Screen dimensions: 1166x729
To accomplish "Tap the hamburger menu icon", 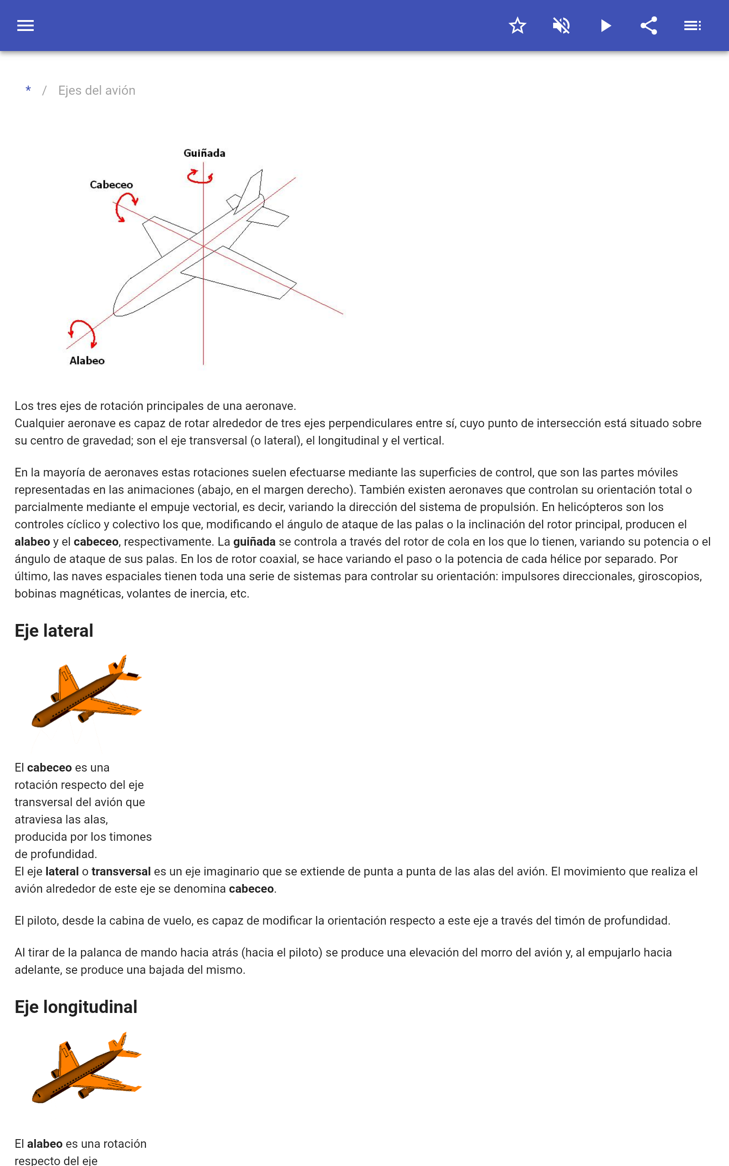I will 26,26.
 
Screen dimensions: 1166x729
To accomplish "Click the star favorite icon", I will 517,26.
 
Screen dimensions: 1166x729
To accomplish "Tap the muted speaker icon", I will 561,26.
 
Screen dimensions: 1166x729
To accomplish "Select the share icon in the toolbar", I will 649,26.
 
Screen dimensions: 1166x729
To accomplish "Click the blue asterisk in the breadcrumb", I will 28,90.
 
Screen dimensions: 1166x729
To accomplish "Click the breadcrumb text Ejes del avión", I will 97,91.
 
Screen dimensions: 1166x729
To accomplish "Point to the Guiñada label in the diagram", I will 205,153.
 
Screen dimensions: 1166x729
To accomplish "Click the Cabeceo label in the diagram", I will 111,185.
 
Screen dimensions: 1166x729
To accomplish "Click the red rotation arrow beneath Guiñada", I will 200,177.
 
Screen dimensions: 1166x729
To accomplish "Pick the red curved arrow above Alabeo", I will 82,333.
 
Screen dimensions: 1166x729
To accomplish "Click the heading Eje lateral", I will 54,631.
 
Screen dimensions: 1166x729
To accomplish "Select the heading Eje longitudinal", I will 76,1007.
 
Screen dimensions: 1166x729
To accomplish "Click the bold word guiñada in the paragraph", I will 254,542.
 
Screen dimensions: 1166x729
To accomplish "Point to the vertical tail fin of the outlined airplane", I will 253,188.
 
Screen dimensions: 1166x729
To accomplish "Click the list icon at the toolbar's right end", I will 693,26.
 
